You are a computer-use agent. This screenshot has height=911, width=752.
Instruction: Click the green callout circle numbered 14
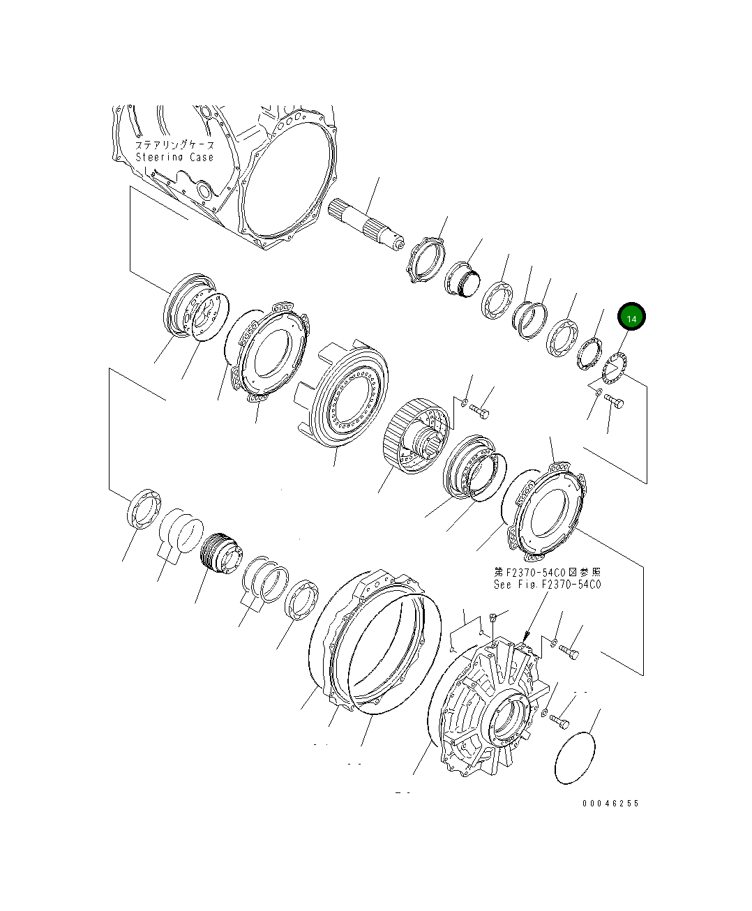(631, 317)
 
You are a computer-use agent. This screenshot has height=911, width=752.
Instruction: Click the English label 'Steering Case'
(174, 157)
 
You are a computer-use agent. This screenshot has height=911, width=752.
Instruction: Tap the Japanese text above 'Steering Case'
(174, 145)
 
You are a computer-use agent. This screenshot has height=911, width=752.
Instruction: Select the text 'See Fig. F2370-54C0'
(548, 585)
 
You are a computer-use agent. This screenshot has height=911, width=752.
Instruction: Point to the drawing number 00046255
(610, 804)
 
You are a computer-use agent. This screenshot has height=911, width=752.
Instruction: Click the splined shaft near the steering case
(366, 225)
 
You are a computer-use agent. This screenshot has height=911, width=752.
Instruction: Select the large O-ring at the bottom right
(576, 758)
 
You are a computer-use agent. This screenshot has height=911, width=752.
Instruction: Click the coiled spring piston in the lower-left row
(221, 553)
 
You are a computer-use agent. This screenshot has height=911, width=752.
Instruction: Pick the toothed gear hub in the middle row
(416, 435)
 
